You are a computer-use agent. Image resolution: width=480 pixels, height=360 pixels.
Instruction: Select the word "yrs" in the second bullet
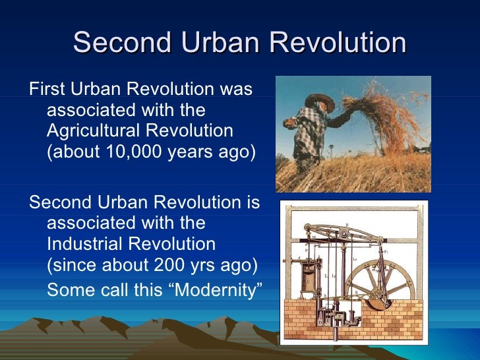200,265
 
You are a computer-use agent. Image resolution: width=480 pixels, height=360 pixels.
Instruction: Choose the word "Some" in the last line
67,289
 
